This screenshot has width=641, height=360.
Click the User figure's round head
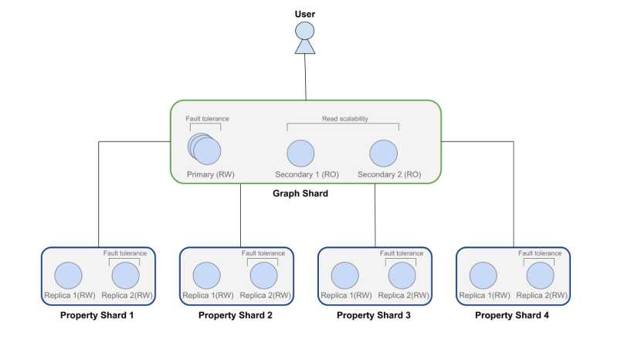(x=305, y=31)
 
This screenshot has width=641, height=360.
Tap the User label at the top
(x=305, y=14)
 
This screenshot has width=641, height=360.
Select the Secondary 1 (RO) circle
(x=300, y=154)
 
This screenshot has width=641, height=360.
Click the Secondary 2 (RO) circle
(x=384, y=154)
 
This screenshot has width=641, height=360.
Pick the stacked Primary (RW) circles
(x=205, y=148)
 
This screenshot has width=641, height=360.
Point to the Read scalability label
(x=345, y=119)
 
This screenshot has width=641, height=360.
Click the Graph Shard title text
(x=300, y=193)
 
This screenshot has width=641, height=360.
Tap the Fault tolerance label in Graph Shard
(x=207, y=119)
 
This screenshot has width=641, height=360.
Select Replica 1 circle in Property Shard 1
(x=68, y=276)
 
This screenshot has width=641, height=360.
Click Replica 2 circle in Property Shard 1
(x=126, y=276)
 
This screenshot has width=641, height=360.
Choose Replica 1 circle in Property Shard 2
(x=206, y=276)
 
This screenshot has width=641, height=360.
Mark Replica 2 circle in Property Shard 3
(x=402, y=276)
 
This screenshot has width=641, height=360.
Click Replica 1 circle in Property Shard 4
(x=483, y=276)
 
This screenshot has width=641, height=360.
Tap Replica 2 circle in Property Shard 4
(x=541, y=276)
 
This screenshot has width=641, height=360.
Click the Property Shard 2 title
(x=236, y=315)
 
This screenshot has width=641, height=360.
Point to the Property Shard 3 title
(x=374, y=315)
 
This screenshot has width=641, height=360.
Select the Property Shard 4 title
(x=512, y=315)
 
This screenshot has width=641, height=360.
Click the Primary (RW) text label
(x=211, y=175)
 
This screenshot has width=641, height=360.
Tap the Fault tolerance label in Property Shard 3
(x=402, y=253)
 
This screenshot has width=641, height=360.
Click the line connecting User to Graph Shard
(x=305, y=77)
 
